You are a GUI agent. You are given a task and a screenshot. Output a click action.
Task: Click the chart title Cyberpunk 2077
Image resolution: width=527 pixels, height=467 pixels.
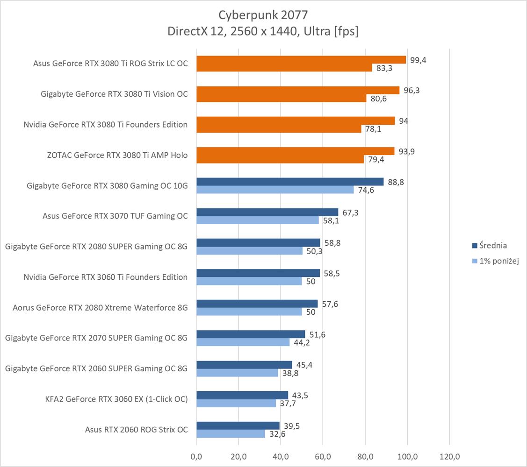click(263, 15)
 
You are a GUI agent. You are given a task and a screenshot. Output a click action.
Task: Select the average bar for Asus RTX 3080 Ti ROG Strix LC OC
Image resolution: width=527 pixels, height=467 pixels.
click(301, 59)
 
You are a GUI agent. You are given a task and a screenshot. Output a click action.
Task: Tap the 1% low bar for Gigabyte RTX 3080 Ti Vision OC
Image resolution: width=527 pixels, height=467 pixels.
click(281, 98)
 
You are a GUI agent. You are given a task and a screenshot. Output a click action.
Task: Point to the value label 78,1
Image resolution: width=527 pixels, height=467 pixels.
click(373, 129)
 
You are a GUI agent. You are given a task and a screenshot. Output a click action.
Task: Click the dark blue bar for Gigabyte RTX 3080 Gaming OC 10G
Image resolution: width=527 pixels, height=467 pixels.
click(290, 182)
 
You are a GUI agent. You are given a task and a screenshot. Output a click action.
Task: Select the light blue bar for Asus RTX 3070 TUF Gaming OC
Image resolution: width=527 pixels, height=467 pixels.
click(257, 220)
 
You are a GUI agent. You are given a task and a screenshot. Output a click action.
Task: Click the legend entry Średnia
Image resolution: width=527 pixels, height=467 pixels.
click(490, 246)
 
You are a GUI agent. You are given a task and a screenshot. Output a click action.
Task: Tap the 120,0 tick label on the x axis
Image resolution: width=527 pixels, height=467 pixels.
click(449, 456)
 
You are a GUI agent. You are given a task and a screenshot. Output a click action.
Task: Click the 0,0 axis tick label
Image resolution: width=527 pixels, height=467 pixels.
click(196, 456)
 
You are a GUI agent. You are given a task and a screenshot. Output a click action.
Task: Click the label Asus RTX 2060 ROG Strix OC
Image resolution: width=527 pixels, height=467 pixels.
click(137, 429)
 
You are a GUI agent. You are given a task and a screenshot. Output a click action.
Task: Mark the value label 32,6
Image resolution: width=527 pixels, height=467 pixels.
click(276, 434)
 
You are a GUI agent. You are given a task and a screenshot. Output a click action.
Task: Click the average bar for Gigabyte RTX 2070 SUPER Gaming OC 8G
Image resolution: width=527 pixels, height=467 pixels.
click(251, 334)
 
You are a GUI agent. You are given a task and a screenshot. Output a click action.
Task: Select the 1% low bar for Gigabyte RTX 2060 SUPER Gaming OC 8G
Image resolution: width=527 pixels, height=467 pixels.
click(237, 373)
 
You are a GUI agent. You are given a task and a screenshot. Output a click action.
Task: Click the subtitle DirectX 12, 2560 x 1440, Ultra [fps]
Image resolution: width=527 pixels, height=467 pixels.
click(263, 31)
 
